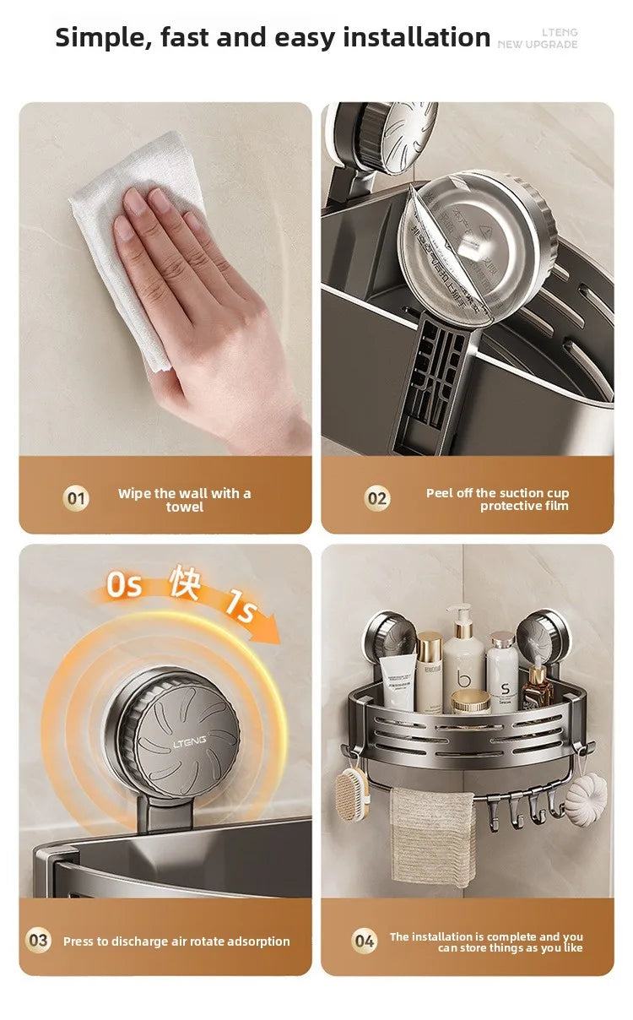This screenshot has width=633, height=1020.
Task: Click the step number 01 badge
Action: coord(76,498)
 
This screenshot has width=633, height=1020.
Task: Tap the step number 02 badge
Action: coord(377,498)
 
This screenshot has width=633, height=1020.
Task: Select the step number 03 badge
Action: coord(39,940)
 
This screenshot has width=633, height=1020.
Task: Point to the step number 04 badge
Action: coord(364,940)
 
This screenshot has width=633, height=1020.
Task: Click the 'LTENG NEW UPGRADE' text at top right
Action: coord(538,38)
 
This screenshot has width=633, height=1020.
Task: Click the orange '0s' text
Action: coord(124,584)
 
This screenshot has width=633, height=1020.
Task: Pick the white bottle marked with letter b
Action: coord(463,663)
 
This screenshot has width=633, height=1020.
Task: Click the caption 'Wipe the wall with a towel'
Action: coord(184,500)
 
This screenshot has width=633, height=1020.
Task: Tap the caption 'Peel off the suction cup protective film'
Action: coord(498,499)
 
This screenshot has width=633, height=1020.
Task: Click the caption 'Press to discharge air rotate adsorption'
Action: coord(176,941)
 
